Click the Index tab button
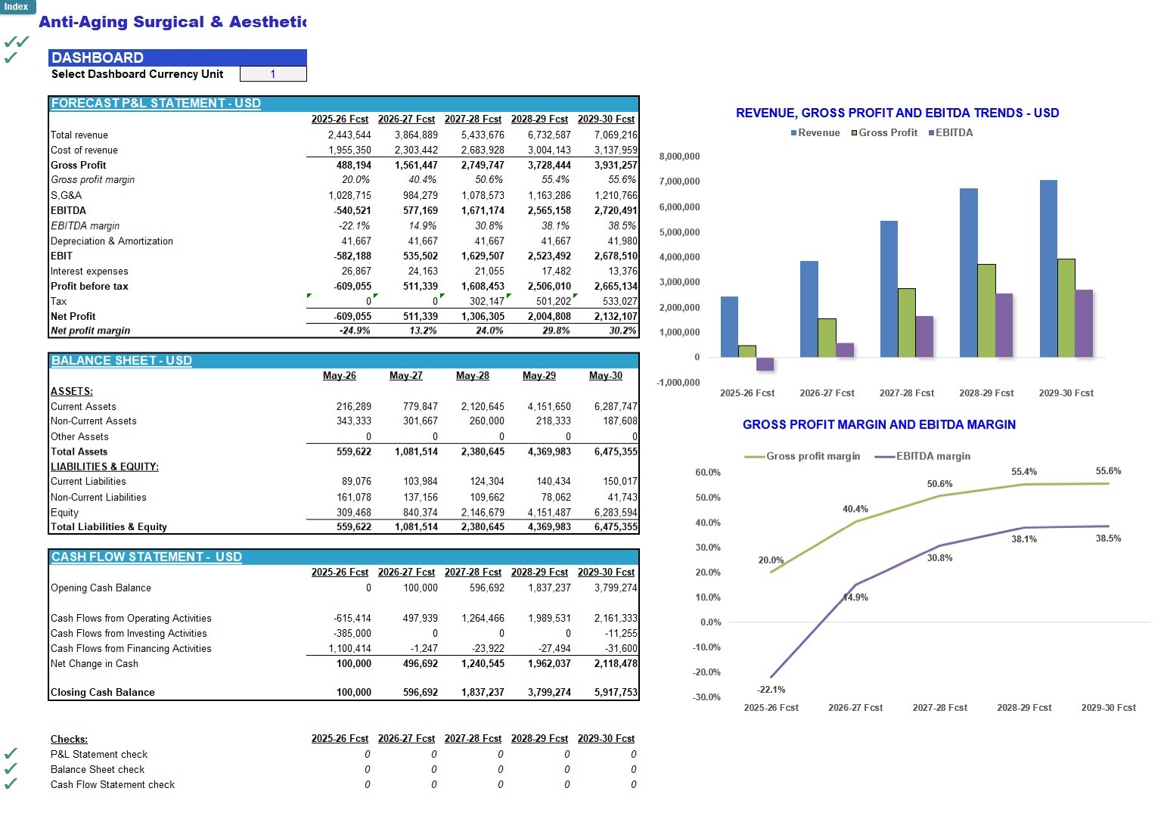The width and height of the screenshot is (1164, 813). click(17, 7)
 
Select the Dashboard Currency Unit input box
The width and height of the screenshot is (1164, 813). click(273, 74)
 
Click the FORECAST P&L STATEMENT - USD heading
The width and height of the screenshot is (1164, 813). click(156, 103)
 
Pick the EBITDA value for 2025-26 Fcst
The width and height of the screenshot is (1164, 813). click(352, 210)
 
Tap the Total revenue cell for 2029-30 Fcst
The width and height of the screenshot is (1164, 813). click(616, 135)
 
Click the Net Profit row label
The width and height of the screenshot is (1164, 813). click(73, 316)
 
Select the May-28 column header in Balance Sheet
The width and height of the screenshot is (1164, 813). click(473, 376)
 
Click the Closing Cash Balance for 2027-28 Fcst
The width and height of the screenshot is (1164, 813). click(483, 693)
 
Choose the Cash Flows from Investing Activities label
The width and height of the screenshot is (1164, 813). click(129, 633)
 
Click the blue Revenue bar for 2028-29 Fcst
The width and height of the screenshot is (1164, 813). click(969, 273)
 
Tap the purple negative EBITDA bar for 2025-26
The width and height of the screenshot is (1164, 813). click(765, 364)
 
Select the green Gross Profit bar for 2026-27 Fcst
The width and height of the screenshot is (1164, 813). click(827, 338)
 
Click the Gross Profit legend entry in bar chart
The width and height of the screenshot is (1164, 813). click(884, 132)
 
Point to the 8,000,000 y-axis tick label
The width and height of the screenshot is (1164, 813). click(679, 157)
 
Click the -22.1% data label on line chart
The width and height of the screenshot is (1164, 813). click(771, 690)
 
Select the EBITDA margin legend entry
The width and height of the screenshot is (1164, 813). click(923, 456)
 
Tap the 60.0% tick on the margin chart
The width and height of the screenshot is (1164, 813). click(708, 472)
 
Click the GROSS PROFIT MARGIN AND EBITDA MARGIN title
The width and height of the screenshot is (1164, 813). click(879, 424)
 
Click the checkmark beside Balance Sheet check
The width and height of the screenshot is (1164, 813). click(11, 768)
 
